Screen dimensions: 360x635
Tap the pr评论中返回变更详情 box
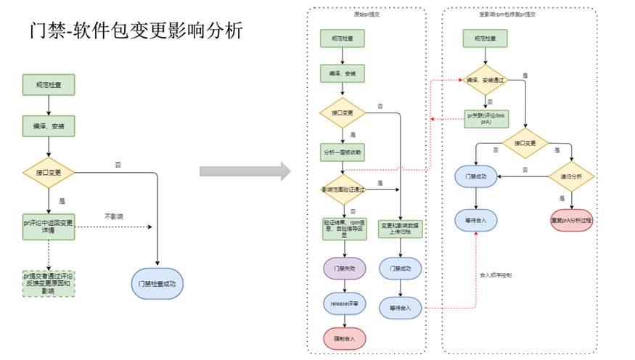click(49, 226)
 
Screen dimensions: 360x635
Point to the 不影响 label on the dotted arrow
click(114, 216)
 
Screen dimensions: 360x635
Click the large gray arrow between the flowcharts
click(245, 172)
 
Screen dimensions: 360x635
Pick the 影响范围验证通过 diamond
click(343, 189)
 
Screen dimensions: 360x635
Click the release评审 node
click(343, 303)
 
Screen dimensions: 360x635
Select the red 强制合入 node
click(343, 337)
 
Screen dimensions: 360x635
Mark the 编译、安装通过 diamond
click(487, 80)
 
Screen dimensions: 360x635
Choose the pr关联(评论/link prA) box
click(487, 118)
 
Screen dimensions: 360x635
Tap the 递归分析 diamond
click(570, 176)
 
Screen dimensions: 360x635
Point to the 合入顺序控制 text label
click(496, 275)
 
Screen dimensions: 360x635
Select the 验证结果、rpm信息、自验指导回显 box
click(343, 228)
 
